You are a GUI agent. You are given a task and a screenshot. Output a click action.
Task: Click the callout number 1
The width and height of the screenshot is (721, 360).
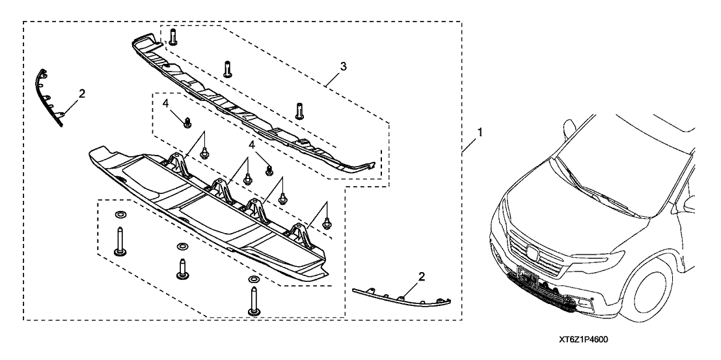tap(480, 132)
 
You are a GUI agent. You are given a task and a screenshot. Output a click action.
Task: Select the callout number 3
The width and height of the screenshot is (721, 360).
tap(343, 66)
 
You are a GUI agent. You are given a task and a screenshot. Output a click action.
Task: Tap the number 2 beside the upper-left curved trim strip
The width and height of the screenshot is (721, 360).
tap(81, 94)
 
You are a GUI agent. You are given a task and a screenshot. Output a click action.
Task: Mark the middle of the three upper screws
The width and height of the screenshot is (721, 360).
tap(228, 68)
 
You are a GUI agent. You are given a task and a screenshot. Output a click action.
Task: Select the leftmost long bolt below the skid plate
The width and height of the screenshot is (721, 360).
tap(120, 242)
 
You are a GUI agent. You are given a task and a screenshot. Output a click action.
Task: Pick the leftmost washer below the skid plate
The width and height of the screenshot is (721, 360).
tap(120, 215)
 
